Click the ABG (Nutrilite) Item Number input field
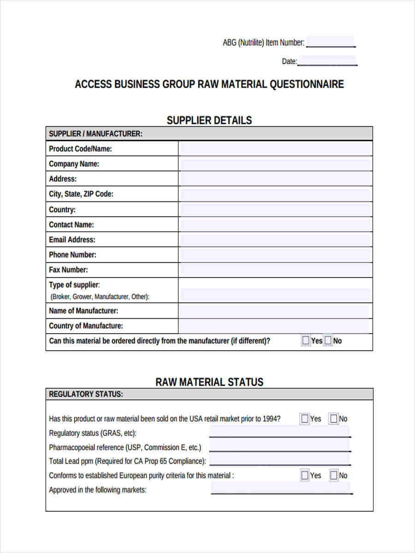pyautogui.click(x=330, y=42)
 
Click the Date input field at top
pyautogui.click(x=327, y=61)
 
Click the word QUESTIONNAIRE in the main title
pyautogui.click(x=306, y=84)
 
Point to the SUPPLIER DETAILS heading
pyautogui.click(x=209, y=120)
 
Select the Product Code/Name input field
pyautogui.click(x=275, y=149)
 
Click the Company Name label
pyautogui.click(x=74, y=164)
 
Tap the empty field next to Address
pyautogui.click(x=275, y=179)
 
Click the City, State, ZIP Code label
pyautogui.click(x=81, y=194)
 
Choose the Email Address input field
pyautogui.click(x=275, y=240)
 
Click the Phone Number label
pyautogui.click(x=72, y=255)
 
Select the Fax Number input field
pyautogui.click(x=275, y=270)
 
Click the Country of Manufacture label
pyautogui.click(x=86, y=326)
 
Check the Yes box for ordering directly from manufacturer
pyautogui.click(x=306, y=341)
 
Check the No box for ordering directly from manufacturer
pyautogui.click(x=328, y=341)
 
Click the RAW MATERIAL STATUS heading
pyautogui.click(x=209, y=382)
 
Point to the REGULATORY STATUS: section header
pyautogui.click(x=86, y=394)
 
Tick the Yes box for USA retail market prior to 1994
pyautogui.click(x=305, y=419)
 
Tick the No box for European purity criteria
pyautogui.click(x=333, y=475)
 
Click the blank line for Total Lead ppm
pyautogui.click(x=279, y=460)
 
